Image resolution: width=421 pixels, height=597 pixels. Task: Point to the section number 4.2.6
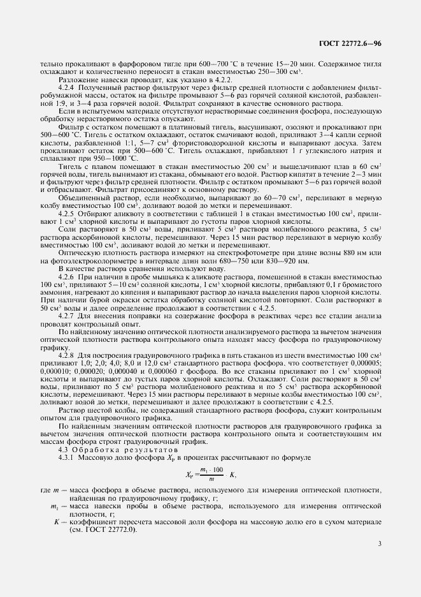68,277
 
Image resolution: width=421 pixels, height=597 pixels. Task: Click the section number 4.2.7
68,316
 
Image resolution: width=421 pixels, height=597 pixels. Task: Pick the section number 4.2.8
68,354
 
